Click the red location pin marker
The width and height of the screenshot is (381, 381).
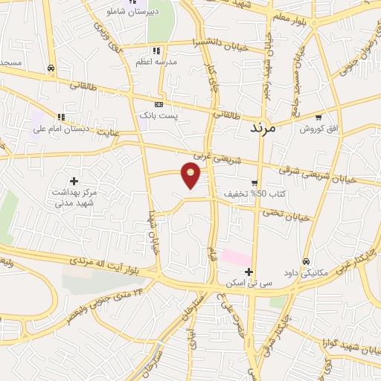[x=192, y=176]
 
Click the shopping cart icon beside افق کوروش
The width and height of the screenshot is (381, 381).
[x=318, y=118]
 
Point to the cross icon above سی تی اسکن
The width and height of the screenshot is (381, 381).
[x=249, y=272]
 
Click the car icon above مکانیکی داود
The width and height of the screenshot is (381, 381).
[x=307, y=261]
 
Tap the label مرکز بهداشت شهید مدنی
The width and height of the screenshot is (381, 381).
[x=75, y=197]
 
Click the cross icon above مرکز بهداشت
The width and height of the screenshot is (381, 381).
[x=74, y=181]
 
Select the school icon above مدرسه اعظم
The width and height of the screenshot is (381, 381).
[x=156, y=51]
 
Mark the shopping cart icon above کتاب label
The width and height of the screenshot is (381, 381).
[x=254, y=182]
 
